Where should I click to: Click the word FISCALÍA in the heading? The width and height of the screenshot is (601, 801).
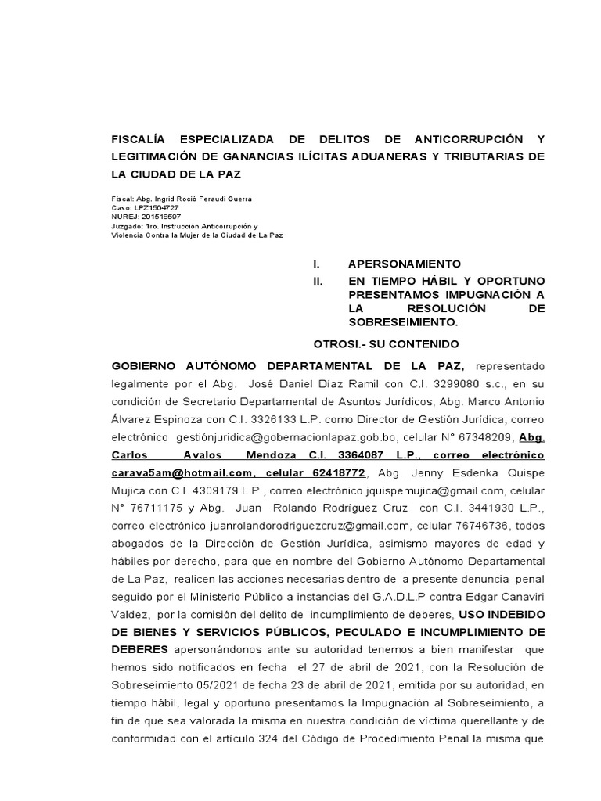click(142, 138)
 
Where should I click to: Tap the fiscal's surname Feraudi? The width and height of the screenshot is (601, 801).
click(211, 199)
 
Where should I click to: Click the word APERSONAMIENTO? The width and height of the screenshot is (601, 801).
click(405, 264)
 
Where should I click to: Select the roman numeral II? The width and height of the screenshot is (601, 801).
click(318, 280)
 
